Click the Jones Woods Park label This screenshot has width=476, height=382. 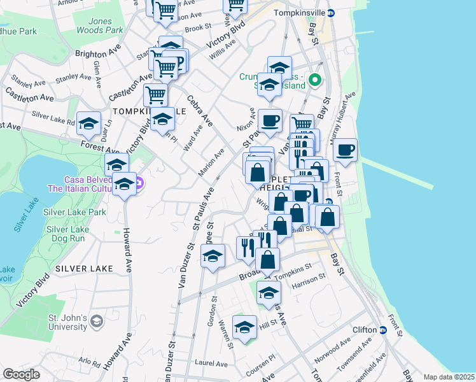tap(99, 25)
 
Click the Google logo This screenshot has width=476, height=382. tap(21, 374)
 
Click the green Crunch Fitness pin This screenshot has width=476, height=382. tap(314, 81)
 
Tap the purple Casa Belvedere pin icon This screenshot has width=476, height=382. tap(141, 184)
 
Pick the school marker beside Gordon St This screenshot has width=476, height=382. tap(213, 256)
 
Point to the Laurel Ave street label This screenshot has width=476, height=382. tap(211, 364)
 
